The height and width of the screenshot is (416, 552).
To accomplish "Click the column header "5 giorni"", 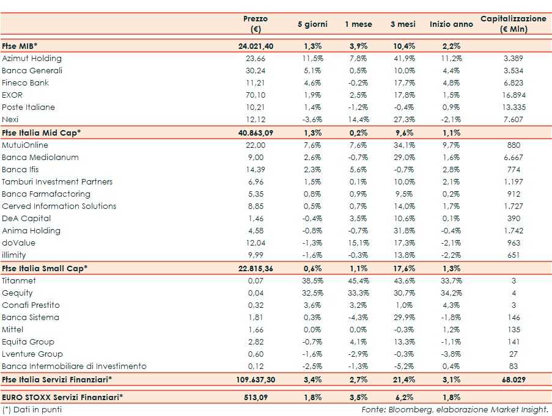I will pyautogui.click(x=312, y=24).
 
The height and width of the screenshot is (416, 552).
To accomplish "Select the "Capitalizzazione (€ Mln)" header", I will pyautogui.click(x=513, y=24).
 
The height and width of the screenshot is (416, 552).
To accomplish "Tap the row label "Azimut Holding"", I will pyautogui.click(x=32, y=59).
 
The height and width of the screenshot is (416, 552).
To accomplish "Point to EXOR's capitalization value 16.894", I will pyautogui.click(x=513, y=95).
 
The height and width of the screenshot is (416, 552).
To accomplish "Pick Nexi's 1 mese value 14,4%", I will pyautogui.click(x=358, y=119).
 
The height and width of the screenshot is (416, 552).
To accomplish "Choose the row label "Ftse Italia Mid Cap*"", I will pyautogui.click(x=42, y=132).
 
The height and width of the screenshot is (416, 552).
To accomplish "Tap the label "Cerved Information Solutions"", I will pyautogui.click(x=59, y=206).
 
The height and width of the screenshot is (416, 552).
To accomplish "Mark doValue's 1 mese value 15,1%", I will pyautogui.click(x=358, y=243).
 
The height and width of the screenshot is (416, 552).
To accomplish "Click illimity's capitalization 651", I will pyautogui.click(x=513, y=255).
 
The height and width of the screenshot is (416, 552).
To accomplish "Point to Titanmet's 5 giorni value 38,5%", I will pyautogui.click(x=312, y=281).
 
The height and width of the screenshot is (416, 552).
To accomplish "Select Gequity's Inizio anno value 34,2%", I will pyautogui.click(x=451, y=293).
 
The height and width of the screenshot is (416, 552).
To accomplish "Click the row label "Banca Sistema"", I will pyautogui.click(x=31, y=318).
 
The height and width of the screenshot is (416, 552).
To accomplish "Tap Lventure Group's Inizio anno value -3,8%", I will pyautogui.click(x=451, y=354).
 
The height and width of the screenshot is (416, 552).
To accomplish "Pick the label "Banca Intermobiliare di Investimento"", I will pyautogui.click(x=74, y=367).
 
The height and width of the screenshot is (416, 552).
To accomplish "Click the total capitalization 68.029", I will pyautogui.click(x=513, y=379).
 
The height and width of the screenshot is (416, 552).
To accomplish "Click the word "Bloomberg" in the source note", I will pyautogui.click(x=407, y=409).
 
